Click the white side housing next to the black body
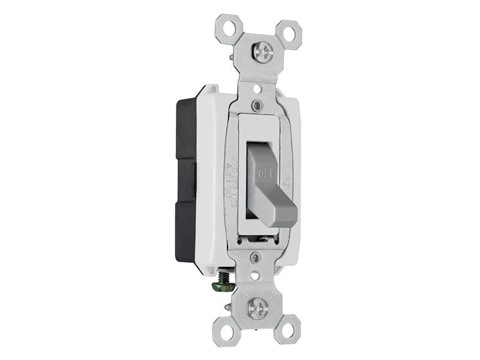207,180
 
